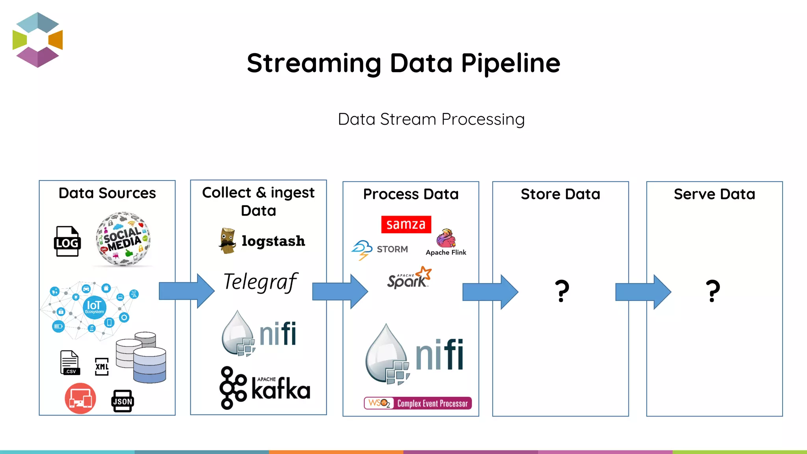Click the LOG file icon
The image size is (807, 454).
(x=67, y=241)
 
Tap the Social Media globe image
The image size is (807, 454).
(x=123, y=239)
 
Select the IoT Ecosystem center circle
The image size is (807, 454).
(x=94, y=307)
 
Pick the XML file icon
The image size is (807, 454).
(x=102, y=367)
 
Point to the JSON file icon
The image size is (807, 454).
(x=123, y=401)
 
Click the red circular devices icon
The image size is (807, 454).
(x=80, y=398)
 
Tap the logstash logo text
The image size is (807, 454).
(x=273, y=241)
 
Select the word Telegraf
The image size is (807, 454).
(x=260, y=282)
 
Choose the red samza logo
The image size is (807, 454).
(x=406, y=224)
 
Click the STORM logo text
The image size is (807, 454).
(x=392, y=249)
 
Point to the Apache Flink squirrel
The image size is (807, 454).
(x=446, y=238)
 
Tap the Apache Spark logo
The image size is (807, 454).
(x=409, y=278)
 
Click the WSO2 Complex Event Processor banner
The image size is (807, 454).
(x=418, y=403)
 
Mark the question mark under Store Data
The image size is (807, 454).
(x=562, y=291)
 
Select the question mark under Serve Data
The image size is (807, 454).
(x=713, y=291)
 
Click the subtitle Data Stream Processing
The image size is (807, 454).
(x=431, y=119)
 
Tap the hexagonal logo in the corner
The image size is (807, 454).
(x=38, y=40)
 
